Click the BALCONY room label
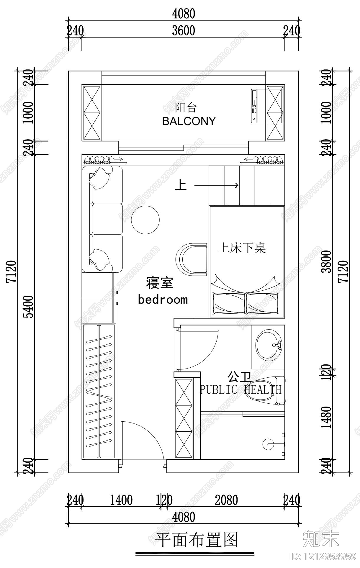tap(189, 121)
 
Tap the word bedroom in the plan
tap(163, 299)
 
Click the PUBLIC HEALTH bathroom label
tap(240, 389)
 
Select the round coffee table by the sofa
tap(145, 220)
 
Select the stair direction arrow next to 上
tap(216, 185)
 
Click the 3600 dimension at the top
tap(183, 31)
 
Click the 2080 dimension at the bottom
tap(226, 500)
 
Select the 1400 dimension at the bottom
tap(121, 500)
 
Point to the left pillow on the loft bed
tap(229, 303)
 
